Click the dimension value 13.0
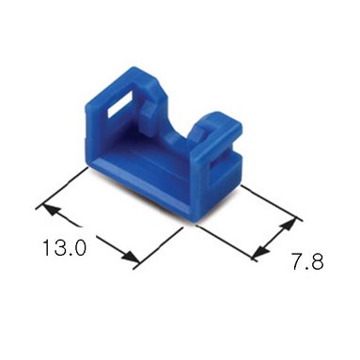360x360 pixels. [64, 247]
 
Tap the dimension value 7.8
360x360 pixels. [307, 260]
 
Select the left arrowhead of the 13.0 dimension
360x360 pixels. [53, 211]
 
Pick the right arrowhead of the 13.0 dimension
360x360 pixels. [130, 257]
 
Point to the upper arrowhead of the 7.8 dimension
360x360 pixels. [288, 225]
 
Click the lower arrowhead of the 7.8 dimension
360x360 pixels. [261, 251]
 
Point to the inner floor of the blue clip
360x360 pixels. [148, 160]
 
